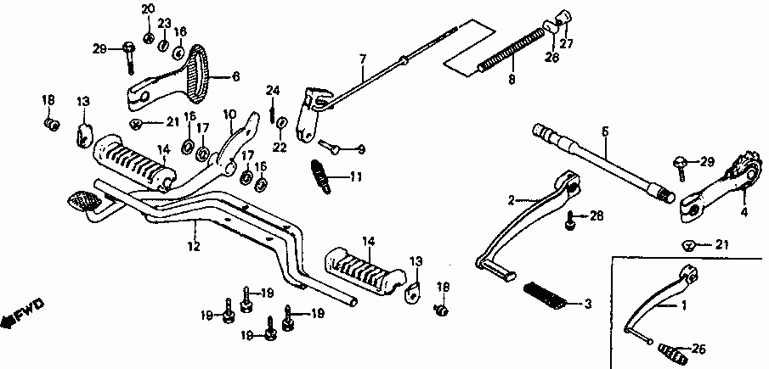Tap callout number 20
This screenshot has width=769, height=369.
point(147,9)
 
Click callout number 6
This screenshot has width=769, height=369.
point(235,75)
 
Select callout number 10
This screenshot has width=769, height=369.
point(229,115)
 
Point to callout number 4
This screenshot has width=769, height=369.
point(744,212)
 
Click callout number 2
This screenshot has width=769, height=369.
point(512,200)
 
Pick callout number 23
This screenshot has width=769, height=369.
point(164,23)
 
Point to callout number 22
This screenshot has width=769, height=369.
point(281,147)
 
